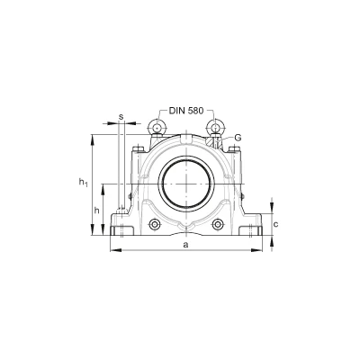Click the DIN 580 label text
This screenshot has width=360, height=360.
(186, 111)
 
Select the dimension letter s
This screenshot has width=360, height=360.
(121, 117)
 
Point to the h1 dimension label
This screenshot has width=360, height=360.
(83, 183)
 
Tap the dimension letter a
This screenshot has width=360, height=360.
(186, 245)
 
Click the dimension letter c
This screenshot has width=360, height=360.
(276, 224)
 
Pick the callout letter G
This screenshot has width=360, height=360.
(238, 138)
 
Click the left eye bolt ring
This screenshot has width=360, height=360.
(157, 127)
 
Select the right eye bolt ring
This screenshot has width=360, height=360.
(215, 127)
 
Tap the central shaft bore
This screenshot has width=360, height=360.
(186, 184)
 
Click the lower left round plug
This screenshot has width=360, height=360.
(155, 224)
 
